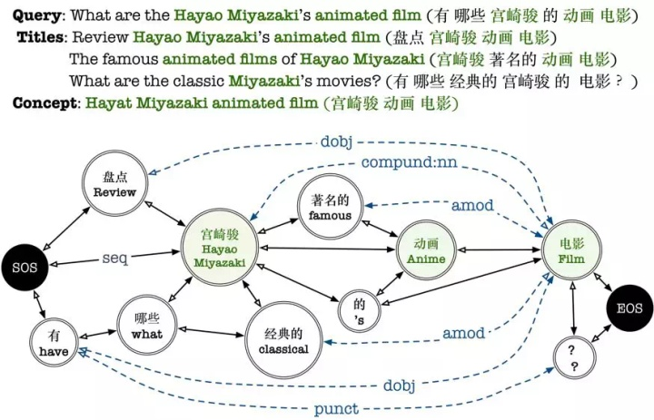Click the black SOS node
25,269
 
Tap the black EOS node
629,308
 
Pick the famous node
330,209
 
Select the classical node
282,341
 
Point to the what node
146,326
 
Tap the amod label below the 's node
463,334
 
